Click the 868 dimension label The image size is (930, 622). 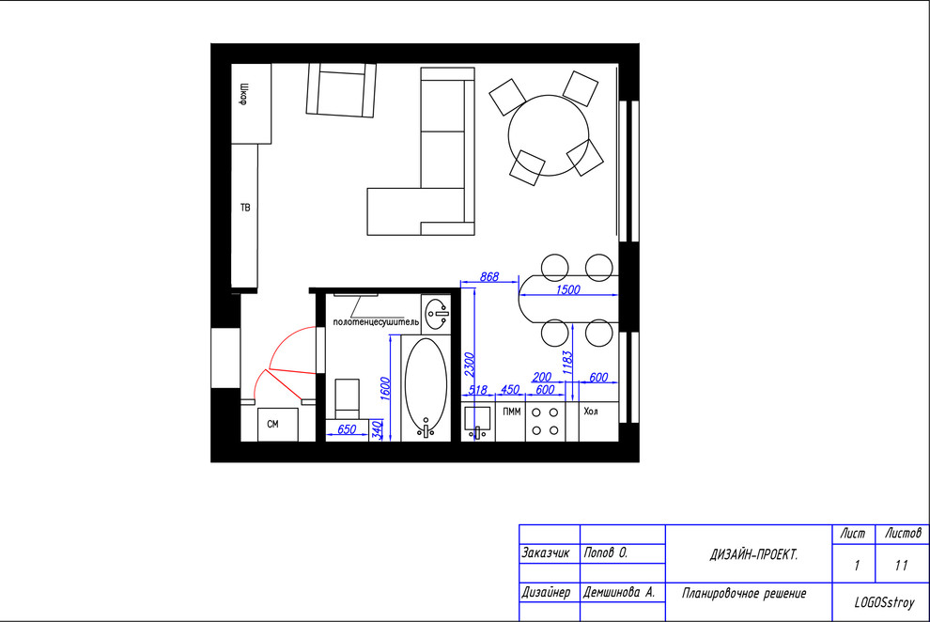coord(489,276)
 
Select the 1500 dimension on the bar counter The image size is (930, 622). coord(567,289)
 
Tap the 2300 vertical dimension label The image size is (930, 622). coord(469,364)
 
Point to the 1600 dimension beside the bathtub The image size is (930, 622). coord(385,388)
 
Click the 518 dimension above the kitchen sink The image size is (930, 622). coord(477,390)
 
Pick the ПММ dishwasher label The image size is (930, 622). coord(512,412)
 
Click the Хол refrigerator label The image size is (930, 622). coord(591,411)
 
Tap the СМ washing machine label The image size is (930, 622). coord(272,424)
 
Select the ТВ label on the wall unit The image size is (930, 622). coord(245,208)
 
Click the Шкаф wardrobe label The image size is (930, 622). coord(243,94)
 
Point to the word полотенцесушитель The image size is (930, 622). coord(376,322)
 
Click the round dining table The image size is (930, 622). coord(549,135)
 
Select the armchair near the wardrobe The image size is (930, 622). coord(341,90)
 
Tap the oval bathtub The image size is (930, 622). coord(426,385)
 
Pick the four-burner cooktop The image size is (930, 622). coord(545,422)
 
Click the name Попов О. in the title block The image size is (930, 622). coord(606,552)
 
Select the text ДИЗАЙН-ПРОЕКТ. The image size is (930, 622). coord(753,554)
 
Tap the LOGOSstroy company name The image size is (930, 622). coord(884,602)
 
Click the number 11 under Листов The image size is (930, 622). coord(902,565)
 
